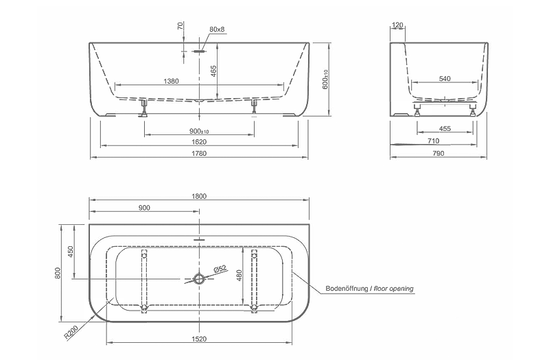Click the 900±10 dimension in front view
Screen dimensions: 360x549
click(199, 132)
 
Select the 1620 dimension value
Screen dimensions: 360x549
click(199, 142)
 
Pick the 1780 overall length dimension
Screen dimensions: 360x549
click(199, 153)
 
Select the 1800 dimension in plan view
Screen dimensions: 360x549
click(199, 196)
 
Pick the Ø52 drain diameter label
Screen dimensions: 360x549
click(219, 269)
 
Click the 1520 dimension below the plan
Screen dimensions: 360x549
click(199, 339)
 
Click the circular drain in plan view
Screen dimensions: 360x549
click(200, 279)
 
